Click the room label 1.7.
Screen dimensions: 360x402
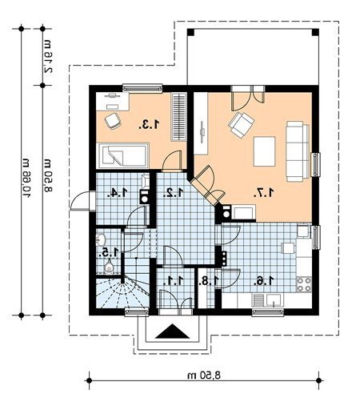click(x=264, y=192)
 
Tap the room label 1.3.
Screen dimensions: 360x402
click(x=149, y=125)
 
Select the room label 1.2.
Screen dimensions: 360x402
click(x=174, y=192)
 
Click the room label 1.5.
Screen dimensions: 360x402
click(x=108, y=252)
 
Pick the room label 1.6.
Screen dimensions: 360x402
click(x=264, y=281)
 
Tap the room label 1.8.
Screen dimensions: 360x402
click(x=208, y=281)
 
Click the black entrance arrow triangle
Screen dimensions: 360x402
click(x=173, y=332)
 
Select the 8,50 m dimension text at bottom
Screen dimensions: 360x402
click(x=204, y=376)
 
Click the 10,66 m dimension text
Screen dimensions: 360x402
click(x=27, y=178)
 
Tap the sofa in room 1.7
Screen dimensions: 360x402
click(x=298, y=151)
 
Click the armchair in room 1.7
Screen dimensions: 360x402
click(x=241, y=125)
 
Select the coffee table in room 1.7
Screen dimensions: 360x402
click(x=264, y=151)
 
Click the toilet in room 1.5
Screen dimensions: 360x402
click(x=109, y=267)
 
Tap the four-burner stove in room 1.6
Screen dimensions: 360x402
click(x=304, y=284)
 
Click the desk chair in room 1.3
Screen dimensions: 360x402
click(x=113, y=121)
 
